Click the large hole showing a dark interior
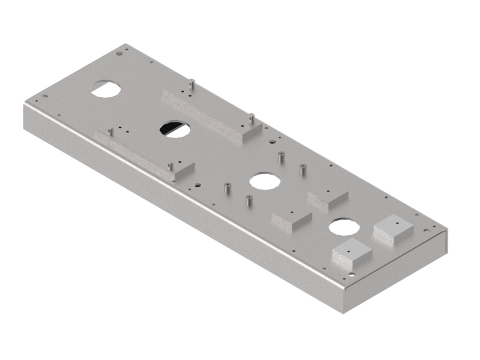175,128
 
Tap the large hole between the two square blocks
343,226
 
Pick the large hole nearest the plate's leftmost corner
106,88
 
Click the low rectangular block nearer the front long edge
291,218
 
